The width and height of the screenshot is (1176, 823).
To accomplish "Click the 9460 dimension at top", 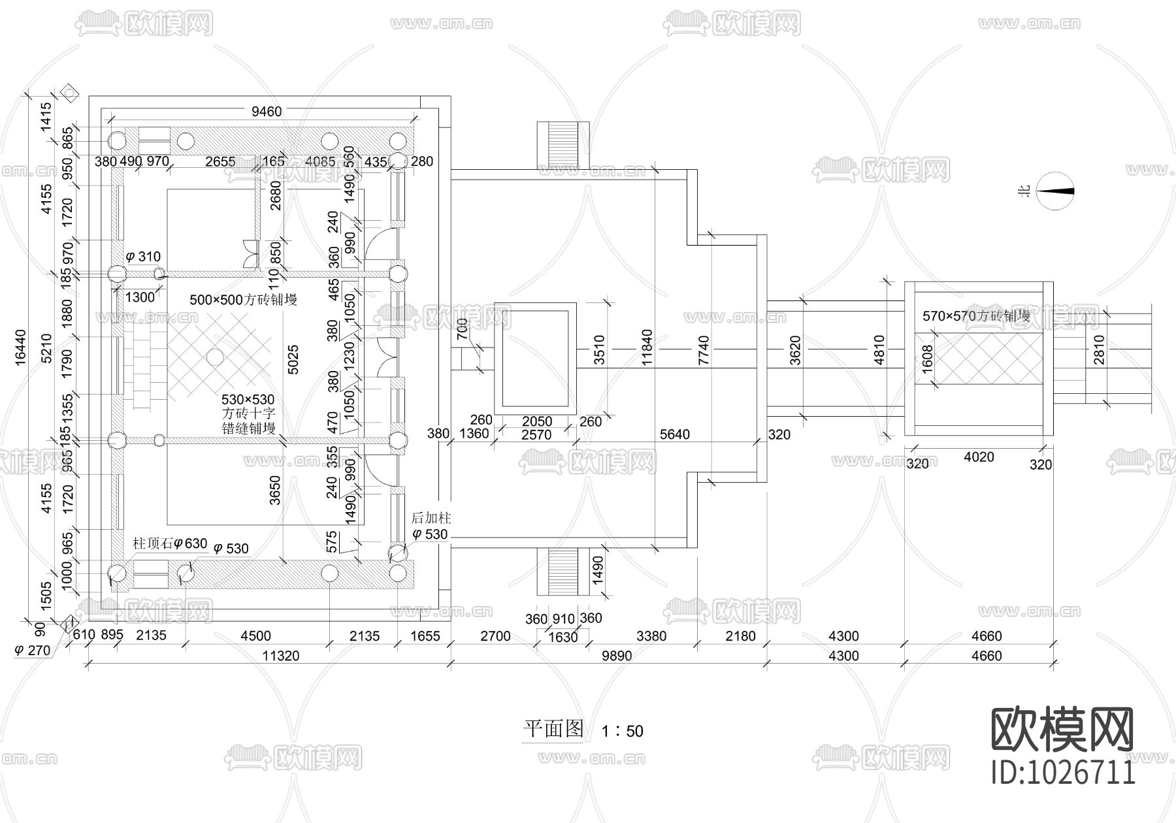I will (x=267, y=112).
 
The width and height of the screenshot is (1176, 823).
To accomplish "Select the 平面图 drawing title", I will (x=553, y=729).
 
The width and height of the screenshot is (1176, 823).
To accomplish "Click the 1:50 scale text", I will (x=622, y=731).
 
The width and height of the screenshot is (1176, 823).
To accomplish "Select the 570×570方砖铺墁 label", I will (x=976, y=316).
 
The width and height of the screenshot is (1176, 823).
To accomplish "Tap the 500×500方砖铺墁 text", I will (x=243, y=300).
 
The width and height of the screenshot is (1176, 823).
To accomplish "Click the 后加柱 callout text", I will (x=431, y=519).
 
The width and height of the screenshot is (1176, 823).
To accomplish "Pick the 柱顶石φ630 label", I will (x=170, y=543).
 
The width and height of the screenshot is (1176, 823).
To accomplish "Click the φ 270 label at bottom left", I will (x=32, y=651).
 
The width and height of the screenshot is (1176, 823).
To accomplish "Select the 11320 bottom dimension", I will (x=281, y=656).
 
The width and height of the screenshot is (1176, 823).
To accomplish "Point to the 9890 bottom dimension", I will (x=616, y=656).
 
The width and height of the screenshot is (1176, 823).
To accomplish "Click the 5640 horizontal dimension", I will (x=674, y=434).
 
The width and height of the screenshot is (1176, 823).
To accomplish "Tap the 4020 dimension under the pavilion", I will (x=979, y=457).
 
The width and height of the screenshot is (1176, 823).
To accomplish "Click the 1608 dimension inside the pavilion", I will (x=927, y=359).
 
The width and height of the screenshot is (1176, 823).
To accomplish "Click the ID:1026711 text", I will (x=1063, y=773).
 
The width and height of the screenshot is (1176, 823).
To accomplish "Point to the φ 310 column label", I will (x=142, y=257).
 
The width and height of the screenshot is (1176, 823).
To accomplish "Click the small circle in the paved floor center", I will (x=214, y=357).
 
